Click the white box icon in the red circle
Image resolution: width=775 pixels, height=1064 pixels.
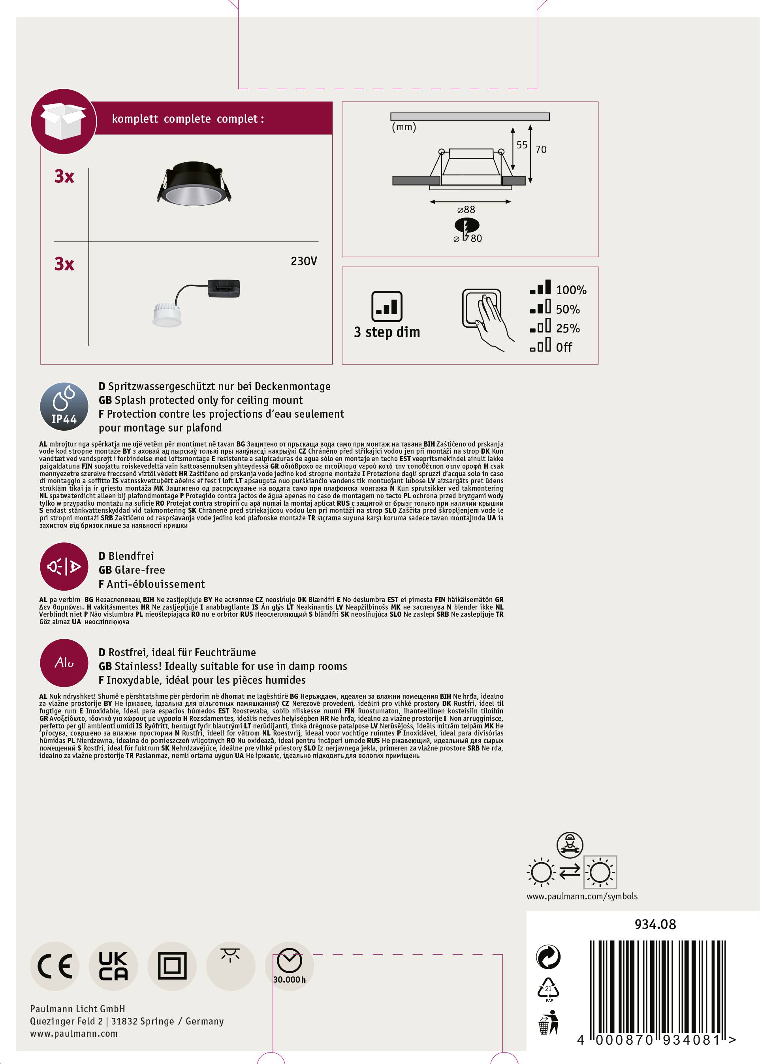63,121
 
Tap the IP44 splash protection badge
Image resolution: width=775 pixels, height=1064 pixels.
64,406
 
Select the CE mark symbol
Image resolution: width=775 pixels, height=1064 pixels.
55,966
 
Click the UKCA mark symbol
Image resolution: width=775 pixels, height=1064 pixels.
113,966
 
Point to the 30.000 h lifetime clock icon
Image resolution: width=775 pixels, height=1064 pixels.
289,967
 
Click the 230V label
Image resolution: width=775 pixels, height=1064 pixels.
304,261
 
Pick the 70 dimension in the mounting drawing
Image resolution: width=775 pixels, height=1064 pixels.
541,150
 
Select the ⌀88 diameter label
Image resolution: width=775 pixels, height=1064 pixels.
466,210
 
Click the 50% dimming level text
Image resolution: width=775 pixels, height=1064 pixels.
568,310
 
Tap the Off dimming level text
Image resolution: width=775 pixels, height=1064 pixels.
564,348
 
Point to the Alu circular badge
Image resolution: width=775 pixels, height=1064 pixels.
64,662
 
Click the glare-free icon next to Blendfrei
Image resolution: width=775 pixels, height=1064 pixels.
64,567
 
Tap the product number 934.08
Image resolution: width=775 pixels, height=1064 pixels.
655,924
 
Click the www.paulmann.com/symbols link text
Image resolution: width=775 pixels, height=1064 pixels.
581,896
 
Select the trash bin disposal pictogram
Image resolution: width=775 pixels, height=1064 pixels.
548,1022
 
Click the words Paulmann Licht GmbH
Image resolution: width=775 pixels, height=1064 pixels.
77,1009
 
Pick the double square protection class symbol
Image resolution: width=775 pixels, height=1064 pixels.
172,966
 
